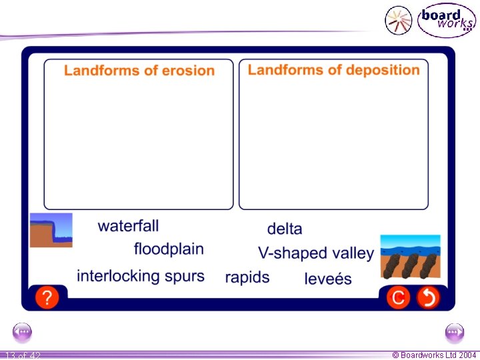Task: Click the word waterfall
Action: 128,226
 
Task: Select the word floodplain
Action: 169,249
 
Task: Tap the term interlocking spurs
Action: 141,276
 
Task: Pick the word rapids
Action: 247,277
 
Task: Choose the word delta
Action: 285,229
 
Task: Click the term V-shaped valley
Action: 316,253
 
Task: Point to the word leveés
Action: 328,279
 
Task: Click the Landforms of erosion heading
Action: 139,71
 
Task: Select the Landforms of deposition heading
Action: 334,70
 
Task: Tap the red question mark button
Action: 47,297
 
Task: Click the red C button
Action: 399,297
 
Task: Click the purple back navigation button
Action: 23,331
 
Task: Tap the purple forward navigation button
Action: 455,331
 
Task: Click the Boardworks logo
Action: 446,20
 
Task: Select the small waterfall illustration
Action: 51,230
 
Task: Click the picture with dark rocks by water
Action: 410,255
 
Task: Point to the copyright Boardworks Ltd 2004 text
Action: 435,355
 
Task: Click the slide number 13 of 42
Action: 23,355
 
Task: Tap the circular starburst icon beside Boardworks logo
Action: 399,20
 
